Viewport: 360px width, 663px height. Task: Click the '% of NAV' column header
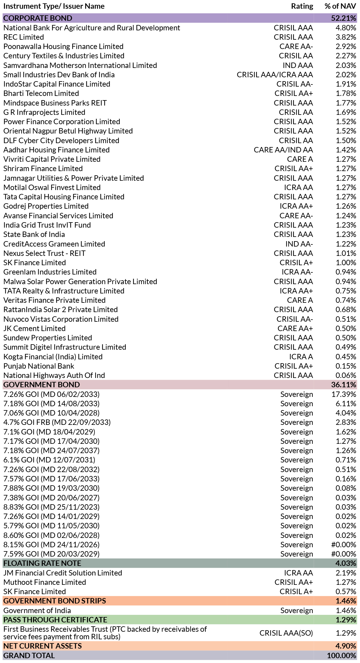[x=340, y=6]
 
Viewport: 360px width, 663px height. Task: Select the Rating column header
[x=302, y=6]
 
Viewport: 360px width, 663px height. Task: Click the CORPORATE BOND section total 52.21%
[x=343, y=18]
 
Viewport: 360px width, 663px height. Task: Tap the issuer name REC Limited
[x=23, y=37]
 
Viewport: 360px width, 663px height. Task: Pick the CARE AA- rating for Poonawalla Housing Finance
[x=296, y=46]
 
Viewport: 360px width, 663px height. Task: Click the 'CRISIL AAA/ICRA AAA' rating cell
[x=275, y=75]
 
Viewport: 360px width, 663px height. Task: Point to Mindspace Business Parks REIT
[x=55, y=103]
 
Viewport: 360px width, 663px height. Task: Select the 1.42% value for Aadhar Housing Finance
[x=346, y=150]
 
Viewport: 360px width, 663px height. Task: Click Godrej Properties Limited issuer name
[x=46, y=206]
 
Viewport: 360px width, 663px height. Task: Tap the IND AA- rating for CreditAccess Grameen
[x=299, y=244]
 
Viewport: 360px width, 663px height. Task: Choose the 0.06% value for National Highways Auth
[x=346, y=375]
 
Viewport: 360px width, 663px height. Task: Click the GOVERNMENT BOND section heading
[x=42, y=385]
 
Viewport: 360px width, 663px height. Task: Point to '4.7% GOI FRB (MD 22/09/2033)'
[x=57, y=422]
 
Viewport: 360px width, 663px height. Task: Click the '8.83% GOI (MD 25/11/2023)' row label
[x=51, y=507]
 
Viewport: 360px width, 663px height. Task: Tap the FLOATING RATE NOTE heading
[x=42, y=563]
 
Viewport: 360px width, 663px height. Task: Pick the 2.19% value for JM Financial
[x=346, y=573]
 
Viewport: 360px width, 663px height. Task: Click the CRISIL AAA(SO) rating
[x=286, y=633]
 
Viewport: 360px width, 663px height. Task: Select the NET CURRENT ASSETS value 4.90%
[x=346, y=646]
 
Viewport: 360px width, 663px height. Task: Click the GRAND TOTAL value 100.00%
[x=342, y=655]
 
